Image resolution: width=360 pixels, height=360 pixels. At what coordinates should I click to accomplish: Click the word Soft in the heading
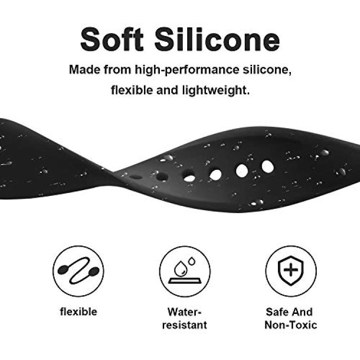[112, 39]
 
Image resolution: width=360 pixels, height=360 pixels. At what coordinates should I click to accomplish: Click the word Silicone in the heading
[217, 39]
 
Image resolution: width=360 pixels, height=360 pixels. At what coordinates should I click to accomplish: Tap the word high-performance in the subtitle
[187, 70]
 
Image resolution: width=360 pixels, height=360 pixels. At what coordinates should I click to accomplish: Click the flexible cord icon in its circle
[78, 271]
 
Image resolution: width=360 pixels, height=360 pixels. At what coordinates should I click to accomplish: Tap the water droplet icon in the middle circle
[184, 271]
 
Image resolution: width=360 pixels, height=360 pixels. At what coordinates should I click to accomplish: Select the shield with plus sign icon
[291, 270]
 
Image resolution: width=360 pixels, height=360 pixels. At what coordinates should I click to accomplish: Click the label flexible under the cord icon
[79, 312]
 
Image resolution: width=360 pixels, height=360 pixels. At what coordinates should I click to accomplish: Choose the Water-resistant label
[184, 318]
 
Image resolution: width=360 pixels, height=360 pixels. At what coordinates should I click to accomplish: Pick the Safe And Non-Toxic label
[290, 318]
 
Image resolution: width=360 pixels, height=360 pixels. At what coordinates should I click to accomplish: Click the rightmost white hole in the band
[268, 167]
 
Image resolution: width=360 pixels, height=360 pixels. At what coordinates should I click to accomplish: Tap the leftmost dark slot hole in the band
[136, 177]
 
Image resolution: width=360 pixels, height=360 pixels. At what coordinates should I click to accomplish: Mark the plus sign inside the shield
[291, 270]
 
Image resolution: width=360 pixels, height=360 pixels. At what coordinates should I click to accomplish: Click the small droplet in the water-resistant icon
[192, 261]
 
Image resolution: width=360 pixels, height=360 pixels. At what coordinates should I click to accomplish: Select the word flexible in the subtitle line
[132, 90]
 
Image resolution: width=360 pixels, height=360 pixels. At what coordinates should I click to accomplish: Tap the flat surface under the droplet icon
[184, 281]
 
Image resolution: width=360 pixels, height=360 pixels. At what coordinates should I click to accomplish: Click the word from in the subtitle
[117, 69]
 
